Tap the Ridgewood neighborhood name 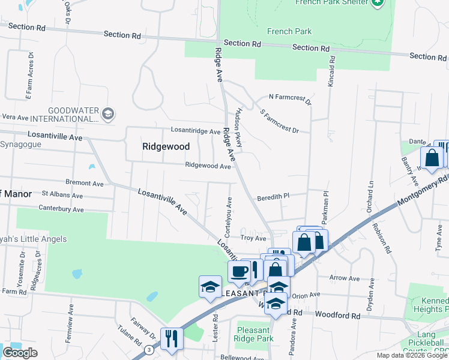166,146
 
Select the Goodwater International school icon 108,114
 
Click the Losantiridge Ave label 196,130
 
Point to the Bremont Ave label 85,182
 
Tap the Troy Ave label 253,238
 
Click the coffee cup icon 239,271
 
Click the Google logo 20,353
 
